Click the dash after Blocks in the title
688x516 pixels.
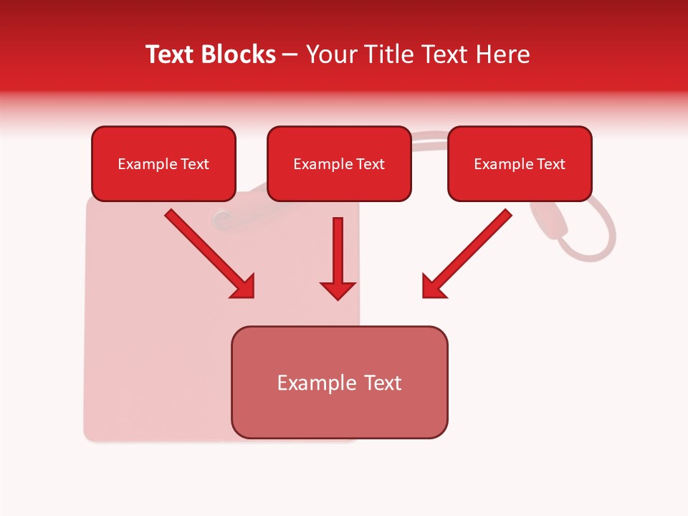pyautogui.click(x=290, y=55)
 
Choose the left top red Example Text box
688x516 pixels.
pyautogui.click(x=163, y=164)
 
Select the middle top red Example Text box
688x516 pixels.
pyautogui.click(x=339, y=164)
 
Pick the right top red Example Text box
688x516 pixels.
pyautogui.click(x=520, y=164)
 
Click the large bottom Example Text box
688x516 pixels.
pyautogui.click(x=339, y=383)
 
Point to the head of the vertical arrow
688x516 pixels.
pyautogui.click(x=338, y=290)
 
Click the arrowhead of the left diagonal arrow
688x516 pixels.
pyautogui.click(x=244, y=287)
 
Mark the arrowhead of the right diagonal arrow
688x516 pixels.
pyautogui.click(x=433, y=287)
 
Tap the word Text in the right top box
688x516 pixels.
pyautogui.click(x=551, y=164)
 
